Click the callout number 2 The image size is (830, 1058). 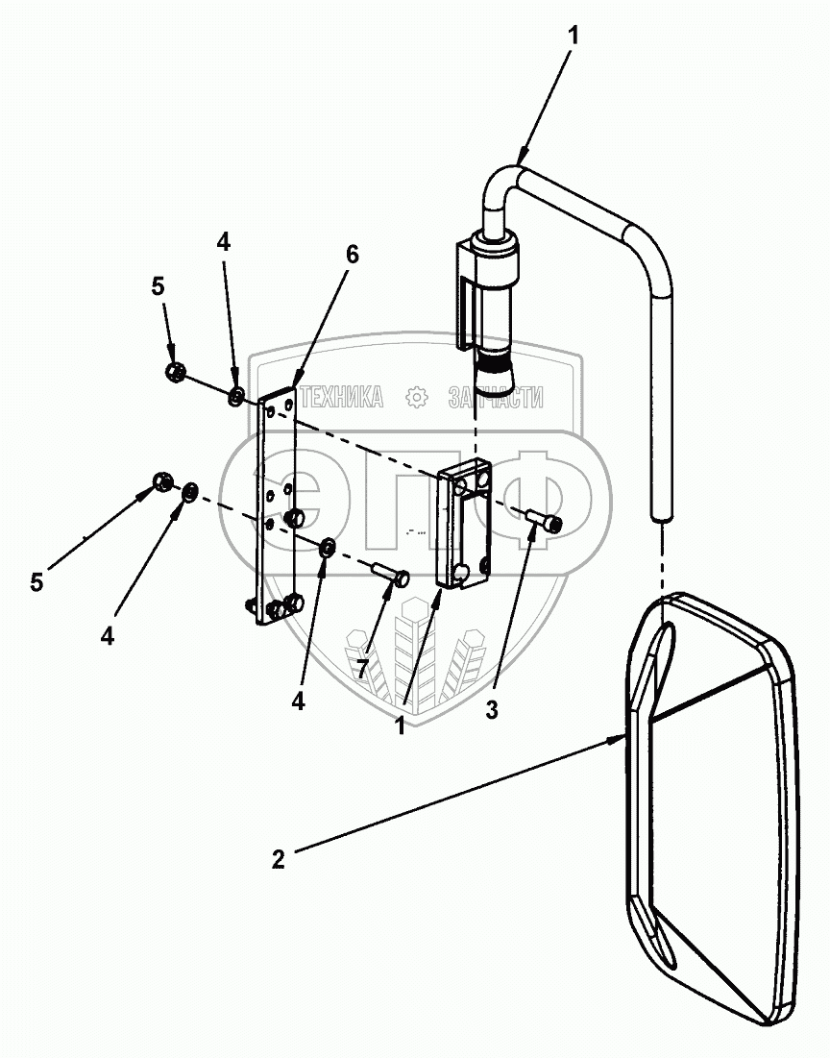[x=278, y=859]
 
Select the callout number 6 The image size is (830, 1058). [x=352, y=255]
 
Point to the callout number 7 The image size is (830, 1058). [x=362, y=668]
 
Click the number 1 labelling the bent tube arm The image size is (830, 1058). [x=573, y=36]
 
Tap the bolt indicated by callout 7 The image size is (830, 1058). [x=391, y=576]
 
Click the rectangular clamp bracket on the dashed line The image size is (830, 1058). [x=463, y=527]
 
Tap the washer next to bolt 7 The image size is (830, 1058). [x=327, y=548]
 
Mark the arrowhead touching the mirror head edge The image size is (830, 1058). [x=621, y=739]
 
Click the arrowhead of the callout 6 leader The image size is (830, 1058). [x=296, y=381]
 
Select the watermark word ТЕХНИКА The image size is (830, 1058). [x=341, y=397]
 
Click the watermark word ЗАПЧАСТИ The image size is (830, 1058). [x=496, y=397]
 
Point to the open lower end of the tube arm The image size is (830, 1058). [x=660, y=518]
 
